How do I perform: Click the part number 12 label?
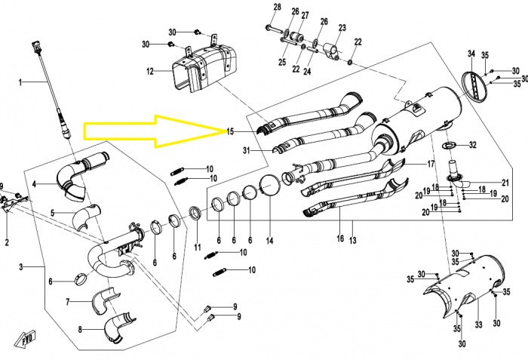click(x=150, y=71)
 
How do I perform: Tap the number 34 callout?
click(x=471, y=54)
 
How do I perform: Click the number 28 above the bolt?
click(x=277, y=7)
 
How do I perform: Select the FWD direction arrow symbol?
click(x=25, y=339)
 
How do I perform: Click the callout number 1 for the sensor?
click(x=20, y=82)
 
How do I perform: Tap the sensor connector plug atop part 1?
click(x=35, y=48)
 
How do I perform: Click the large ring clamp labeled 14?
click(x=270, y=185)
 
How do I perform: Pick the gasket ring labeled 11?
click(x=195, y=214)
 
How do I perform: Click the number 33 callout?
click(x=478, y=325)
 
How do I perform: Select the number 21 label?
click(x=505, y=183)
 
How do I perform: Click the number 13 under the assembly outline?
click(x=352, y=240)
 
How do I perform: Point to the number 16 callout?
click(x=340, y=238)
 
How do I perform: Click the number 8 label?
click(x=80, y=329)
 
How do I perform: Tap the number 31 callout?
click(x=247, y=150)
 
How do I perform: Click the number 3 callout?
click(x=21, y=267)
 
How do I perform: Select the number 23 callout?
click(x=342, y=28)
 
